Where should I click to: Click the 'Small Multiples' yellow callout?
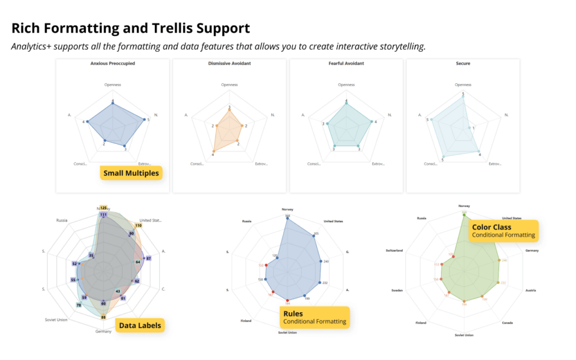point(131,173)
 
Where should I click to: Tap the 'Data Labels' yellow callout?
point(139,325)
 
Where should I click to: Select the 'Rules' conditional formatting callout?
point(314,317)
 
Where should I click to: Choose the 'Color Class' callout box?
point(503,231)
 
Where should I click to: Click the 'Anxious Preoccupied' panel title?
point(112,64)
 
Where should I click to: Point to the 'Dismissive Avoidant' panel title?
point(229,64)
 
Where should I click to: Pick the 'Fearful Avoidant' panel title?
point(346,64)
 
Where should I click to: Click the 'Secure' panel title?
point(463,64)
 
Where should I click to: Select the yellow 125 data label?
point(103,208)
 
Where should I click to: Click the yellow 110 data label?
point(138,226)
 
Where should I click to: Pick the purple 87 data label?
point(148,258)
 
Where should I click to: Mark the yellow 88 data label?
point(103,317)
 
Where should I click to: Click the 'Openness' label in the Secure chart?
point(463,85)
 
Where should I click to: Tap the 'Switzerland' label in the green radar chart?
point(397,250)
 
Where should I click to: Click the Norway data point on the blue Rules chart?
point(287,218)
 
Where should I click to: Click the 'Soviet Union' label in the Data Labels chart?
point(57,320)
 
